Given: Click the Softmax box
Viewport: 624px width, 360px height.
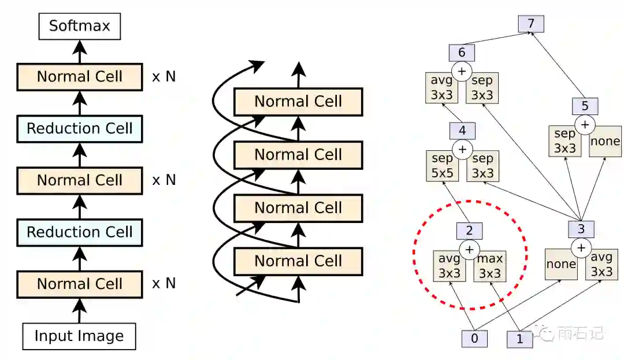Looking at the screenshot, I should click(x=79, y=26).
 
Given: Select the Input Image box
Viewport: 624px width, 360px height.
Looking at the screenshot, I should click(x=79, y=336).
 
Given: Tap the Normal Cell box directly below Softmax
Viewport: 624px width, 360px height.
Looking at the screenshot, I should click(x=80, y=77).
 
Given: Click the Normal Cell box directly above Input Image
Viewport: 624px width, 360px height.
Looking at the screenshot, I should click(x=80, y=284).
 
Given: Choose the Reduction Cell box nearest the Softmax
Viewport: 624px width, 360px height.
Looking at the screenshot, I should click(x=80, y=128).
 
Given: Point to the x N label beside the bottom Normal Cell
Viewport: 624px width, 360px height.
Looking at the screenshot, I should click(x=164, y=284).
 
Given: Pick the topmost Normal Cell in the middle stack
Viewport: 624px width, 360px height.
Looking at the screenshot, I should click(x=298, y=102).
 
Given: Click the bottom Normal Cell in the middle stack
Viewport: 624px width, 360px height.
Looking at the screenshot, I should click(x=298, y=261).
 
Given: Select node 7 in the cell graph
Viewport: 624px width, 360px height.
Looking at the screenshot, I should click(x=531, y=24).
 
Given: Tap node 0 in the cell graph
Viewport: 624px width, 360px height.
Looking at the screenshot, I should click(x=475, y=339).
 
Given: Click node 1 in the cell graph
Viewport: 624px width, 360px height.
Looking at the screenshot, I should click(x=520, y=339).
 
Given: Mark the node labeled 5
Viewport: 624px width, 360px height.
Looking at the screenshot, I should click(x=585, y=106).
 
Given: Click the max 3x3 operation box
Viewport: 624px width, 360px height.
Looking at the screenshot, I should click(x=489, y=265).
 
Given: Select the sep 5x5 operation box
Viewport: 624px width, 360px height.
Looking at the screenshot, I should click(x=441, y=165).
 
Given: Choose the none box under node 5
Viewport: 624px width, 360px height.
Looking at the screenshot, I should click(x=606, y=141).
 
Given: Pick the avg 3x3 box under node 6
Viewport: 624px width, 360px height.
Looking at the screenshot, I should click(x=441, y=87).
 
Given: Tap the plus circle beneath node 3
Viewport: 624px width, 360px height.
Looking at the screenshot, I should click(x=581, y=248).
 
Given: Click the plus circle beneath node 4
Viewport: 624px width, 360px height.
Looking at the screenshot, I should click(x=462, y=149).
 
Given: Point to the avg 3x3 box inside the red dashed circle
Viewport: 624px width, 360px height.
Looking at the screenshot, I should click(x=449, y=265).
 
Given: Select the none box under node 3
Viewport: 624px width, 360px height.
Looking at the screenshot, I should click(x=561, y=264).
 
